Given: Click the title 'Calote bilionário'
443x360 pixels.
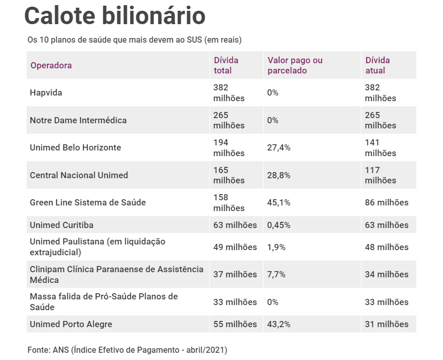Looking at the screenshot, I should [x=114, y=16].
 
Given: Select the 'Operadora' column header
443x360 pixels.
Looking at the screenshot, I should [x=51, y=65].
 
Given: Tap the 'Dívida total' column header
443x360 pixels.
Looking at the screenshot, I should [x=226, y=65].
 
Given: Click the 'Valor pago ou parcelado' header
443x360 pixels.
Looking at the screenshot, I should [x=295, y=65].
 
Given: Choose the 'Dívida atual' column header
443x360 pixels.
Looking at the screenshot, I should [x=377, y=65].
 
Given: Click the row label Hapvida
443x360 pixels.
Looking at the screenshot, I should [x=46, y=93].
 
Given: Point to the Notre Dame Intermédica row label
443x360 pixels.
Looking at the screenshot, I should [x=78, y=120].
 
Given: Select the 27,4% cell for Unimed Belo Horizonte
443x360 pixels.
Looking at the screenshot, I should [x=279, y=147].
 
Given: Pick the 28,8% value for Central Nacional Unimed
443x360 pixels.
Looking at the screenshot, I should [x=279, y=175].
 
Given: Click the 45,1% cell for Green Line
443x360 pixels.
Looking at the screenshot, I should [x=279, y=202].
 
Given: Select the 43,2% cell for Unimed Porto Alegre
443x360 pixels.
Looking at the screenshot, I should [x=279, y=324].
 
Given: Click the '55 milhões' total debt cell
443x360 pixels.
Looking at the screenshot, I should [x=235, y=324].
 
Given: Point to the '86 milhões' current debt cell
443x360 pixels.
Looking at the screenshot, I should [x=387, y=202].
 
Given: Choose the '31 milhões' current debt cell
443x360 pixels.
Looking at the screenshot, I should [x=387, y=324].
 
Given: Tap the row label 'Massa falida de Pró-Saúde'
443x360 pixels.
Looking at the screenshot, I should [x=103, y=302].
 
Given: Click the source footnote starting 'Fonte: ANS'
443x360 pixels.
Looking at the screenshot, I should [x=127, y=350].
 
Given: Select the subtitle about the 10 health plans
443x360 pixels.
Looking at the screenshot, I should [x=134, y=40].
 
